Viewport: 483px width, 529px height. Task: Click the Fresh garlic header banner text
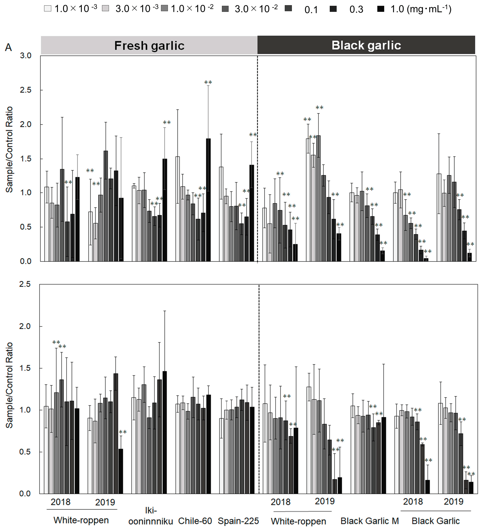tap(149, 46)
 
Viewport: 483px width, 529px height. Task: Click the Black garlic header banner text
tap(366, 45)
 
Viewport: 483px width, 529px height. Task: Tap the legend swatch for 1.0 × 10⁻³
tap(48, 9)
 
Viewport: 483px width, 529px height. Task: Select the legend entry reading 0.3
tap(356, 9)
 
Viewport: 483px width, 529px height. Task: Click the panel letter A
tap(8, 48)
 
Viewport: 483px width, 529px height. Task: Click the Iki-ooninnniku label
tap(151, 516)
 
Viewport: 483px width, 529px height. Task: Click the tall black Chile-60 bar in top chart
tap(208, 199)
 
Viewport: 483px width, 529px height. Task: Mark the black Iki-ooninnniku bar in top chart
tap(165, 210)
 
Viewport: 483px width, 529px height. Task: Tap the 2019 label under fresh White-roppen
tap(105, 502)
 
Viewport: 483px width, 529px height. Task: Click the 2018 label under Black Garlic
tap(413, 502)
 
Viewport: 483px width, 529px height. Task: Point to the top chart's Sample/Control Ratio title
tap(9, 149)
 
